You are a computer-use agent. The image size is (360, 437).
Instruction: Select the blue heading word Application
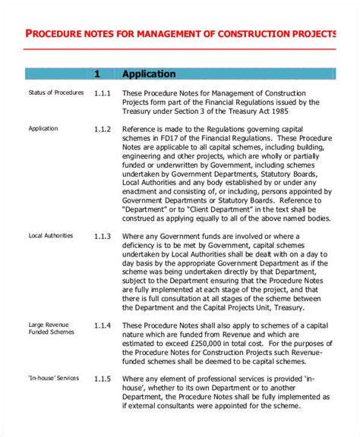(x=149, y=74)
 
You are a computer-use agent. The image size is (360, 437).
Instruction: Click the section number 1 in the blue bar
(x=97, y=74)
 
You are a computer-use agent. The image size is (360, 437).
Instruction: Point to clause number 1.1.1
(x=103, y=93)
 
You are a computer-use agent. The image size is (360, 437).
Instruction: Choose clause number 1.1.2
(x=103, y=129)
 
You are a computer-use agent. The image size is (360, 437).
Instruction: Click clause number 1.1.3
(x=103, y=236)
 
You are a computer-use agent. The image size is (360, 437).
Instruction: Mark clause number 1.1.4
(x=103, y=325)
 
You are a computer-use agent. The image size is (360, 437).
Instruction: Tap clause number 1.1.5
(x=103, y=379)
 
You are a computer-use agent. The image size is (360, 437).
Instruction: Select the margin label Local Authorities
(x=51, y=236)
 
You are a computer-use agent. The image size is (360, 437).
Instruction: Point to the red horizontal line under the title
(x=179, y=49)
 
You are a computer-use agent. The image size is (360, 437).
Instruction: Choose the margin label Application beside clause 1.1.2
(x=43, y=129)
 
